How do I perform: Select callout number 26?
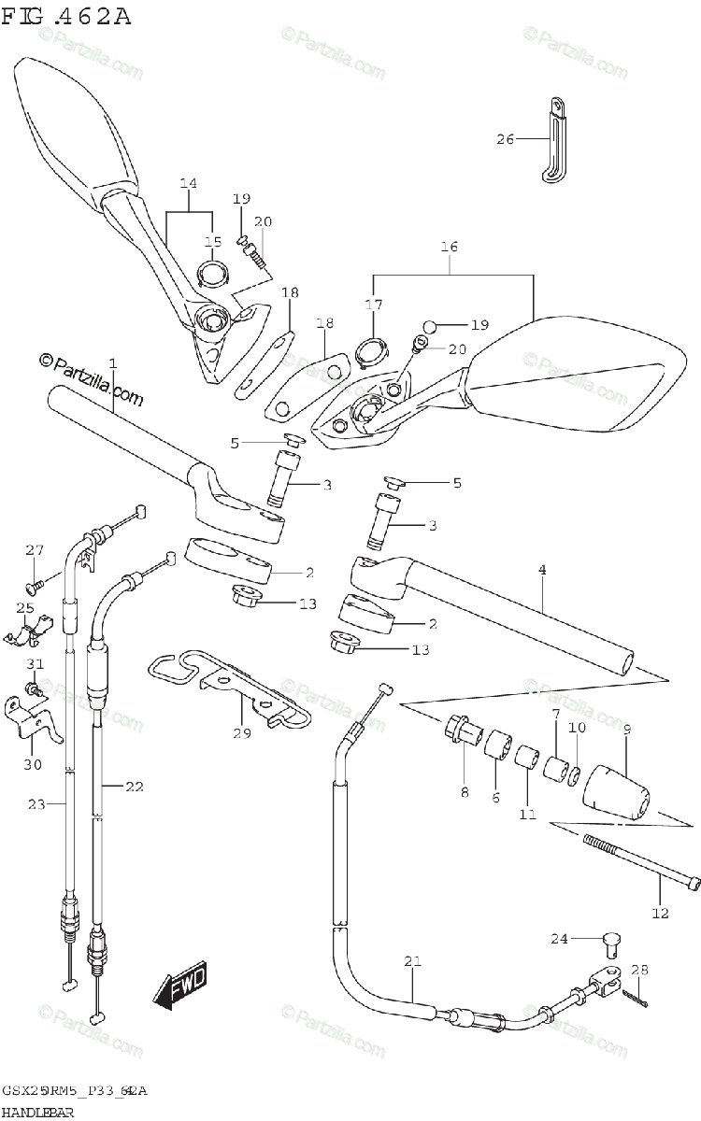[505, 140]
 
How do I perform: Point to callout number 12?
[660, 913]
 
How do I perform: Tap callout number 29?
[242, 733]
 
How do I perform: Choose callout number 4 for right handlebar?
[542, 570]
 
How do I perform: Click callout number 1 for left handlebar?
[112, 362]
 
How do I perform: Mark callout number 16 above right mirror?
[450, 247]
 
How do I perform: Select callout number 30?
[34, 764]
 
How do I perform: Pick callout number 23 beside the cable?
[36, 803]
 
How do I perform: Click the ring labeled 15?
[213, 274]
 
